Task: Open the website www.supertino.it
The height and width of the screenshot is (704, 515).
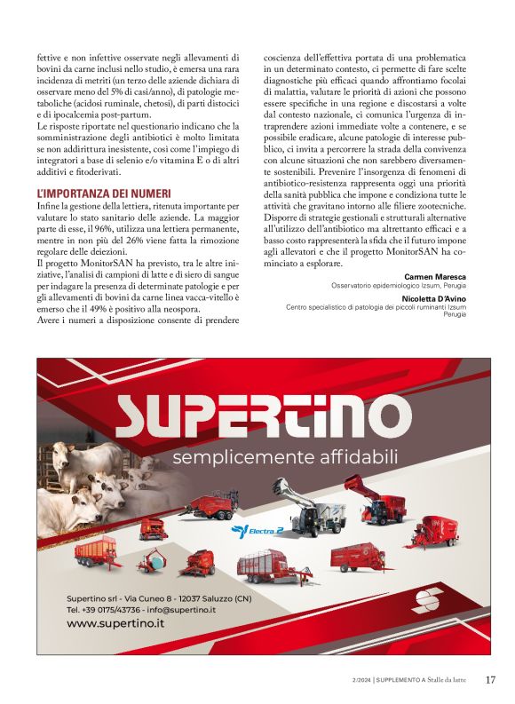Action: click(115, 623)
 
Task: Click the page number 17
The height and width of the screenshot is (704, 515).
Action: click(490, 680)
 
